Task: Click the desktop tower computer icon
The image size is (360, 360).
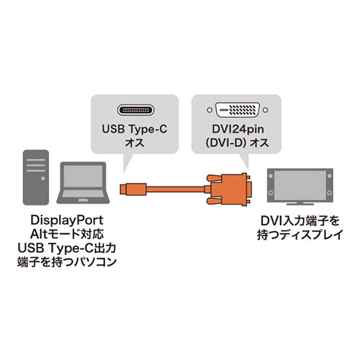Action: click(36, 177)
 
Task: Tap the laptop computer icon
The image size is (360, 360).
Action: click(83, 183)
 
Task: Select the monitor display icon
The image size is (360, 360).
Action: click(300, 186)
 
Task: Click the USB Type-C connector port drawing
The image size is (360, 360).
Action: click(135, 110)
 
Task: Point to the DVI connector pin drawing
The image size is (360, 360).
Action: click(238, 110)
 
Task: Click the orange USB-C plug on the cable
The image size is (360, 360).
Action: click(133, 189)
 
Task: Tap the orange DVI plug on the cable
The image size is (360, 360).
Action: click(228, 189)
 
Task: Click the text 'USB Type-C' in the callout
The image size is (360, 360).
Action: click(135, 129)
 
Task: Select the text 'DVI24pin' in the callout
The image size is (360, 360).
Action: click(238, 129)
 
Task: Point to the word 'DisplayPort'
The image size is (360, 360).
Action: click(67, 220)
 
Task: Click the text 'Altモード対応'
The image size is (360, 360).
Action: click(67, 234)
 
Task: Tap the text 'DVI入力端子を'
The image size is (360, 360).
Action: click(300, 221)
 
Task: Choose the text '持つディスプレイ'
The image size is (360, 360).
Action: click(300, 235)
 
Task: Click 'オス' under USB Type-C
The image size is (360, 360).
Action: click(135, 143)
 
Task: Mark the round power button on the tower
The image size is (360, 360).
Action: click(43, 179)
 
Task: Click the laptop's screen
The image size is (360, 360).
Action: click(83, 176)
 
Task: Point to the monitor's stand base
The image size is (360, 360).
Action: click(300, 204)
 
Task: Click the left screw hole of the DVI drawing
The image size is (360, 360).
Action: click(210, 110)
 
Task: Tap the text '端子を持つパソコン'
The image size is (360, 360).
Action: click(67, 262)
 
